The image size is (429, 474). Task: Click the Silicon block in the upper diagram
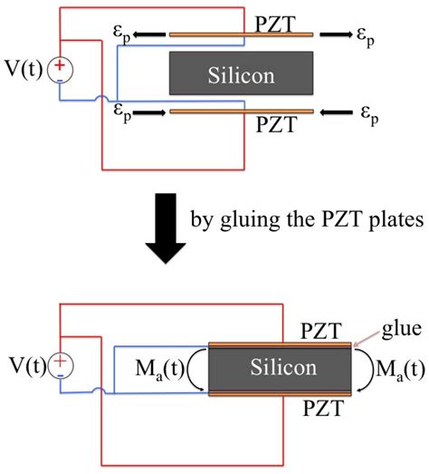(241, 73)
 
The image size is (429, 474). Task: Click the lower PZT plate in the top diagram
(241, 111)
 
